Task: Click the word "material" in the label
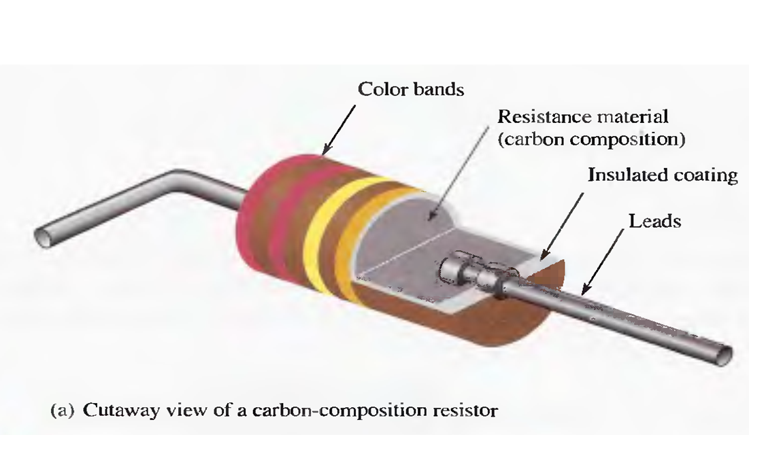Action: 632,117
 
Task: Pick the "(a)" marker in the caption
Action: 63,411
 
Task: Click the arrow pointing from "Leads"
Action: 601,258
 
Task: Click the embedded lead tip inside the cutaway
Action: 450,270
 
